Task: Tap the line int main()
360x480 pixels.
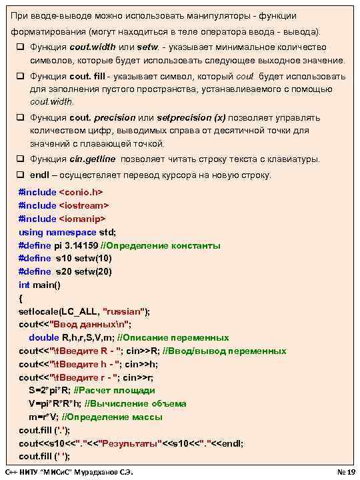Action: pyautogui.click(x=39, y=285)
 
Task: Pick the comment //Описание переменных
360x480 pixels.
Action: pyautogui.click(x=173, y=337)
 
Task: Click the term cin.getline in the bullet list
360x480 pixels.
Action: pyautogui.click(x=92, y=159)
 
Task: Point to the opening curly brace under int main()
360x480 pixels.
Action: pyautogui.click(x=21, y=298)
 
